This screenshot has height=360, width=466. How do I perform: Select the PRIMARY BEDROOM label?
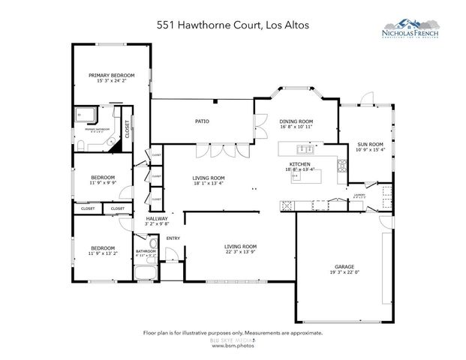tap(111, 76)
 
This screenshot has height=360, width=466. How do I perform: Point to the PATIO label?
tap(202, 121)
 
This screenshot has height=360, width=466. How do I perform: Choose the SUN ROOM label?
tap(370, 144)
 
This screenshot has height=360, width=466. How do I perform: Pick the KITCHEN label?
tap(300, 163)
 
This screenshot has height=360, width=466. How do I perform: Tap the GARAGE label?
tap(344, 267)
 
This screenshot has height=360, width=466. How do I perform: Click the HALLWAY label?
tap(156, 218)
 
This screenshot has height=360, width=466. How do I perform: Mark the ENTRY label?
tap(173, 238)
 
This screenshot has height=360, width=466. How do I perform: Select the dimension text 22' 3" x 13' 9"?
tap(241, 252)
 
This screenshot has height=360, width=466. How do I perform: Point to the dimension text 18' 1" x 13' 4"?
tap(209, 183)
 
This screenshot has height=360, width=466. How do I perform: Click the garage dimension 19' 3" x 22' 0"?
tap(344, 273)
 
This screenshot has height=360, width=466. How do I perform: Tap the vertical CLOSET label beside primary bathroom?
tap(128, 130)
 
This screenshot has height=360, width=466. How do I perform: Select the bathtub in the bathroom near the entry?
tap(154, 244)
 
